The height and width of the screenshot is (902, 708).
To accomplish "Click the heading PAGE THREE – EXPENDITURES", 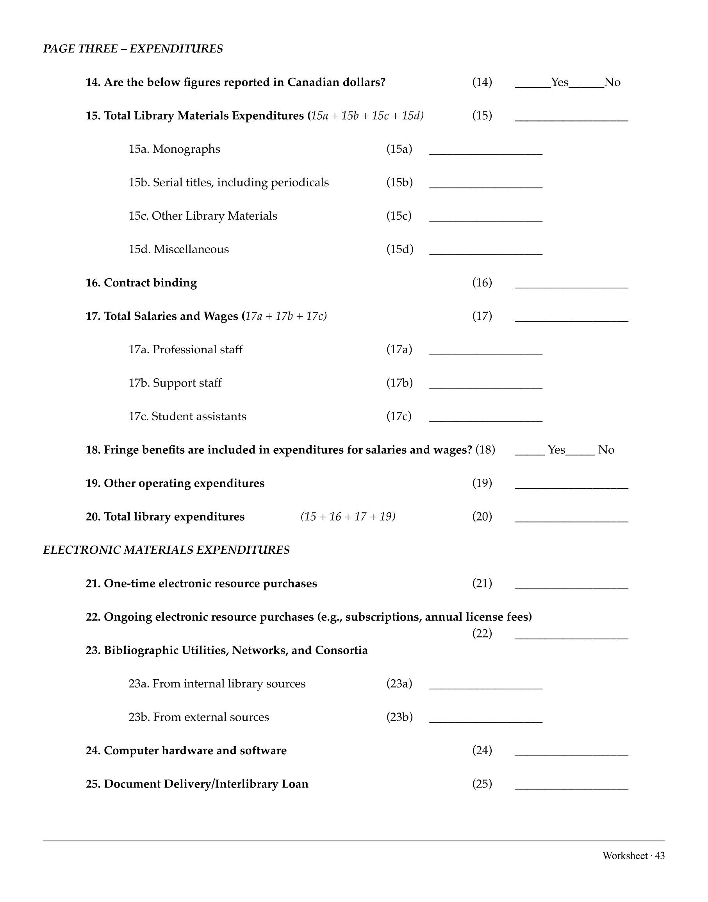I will [133, 49].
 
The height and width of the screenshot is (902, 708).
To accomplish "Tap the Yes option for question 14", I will [559, 82].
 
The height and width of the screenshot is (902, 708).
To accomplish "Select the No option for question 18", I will [606, 450].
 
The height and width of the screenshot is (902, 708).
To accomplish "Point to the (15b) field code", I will [399, 183].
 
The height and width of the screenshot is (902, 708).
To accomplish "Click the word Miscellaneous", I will [191, 249].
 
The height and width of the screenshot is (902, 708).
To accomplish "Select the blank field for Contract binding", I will [571, 284].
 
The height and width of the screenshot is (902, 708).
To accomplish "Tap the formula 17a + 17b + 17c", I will [285, 316].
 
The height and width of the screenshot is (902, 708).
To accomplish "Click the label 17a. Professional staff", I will [185, 349].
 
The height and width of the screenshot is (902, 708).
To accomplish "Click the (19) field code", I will [482, 483].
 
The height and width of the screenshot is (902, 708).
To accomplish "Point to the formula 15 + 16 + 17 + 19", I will [348, 517].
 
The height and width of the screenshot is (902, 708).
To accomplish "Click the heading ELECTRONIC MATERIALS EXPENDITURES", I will [166, 550].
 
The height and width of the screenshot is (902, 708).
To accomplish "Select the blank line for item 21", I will [571, 585].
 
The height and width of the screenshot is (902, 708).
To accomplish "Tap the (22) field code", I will [482, 634].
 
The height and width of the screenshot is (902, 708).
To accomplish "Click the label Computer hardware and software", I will [195, 751].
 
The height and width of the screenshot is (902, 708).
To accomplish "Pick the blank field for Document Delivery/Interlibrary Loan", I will [571, 786].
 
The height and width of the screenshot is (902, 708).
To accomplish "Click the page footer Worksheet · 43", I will [633, 855].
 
